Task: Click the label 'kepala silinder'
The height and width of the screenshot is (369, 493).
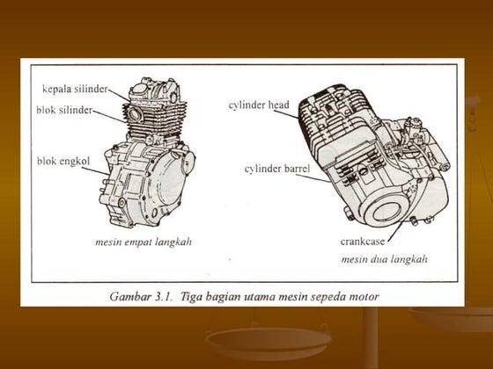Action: (75, 89)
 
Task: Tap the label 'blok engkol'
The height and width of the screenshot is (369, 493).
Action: (59, 162)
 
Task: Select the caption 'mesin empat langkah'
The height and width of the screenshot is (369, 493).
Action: (143, 240)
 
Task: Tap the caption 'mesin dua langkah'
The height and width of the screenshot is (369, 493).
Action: (384, 259)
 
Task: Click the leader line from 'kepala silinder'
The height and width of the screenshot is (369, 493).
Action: (121, 92)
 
